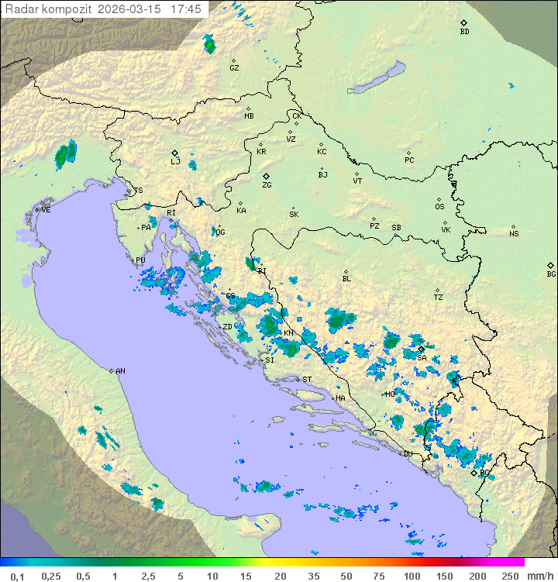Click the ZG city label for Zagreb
pyautogui.click(x=267, y=185)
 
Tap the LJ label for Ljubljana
pyautogui.click(x=175, y=162)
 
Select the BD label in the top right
pyautogui.click(x=464, y=32)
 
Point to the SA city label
pyautogui.click(x=422, y=358)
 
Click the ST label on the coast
pyautogui.click(x=307, y=380)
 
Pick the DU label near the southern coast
pyautogui.click(x=407, y=454)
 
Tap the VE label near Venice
pyautogui.click(x=46, y=210)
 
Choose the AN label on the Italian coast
pyautogui.click(x=120, y=371)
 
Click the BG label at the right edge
pyautogui.click(x=551, y=274)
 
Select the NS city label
pyautogui.click(x=514, y=234)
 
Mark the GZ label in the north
pyautogui.click(x=234, y=68)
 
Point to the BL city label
pyautogui.click(x=346, y=279)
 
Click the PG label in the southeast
pyautogui.click(x=485, y=472)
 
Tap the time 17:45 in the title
pyautogui.click(x=187, y=9)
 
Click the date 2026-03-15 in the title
pyautogui.click(x=133, y=9)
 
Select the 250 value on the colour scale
pyautogui.click(x=509, y=576)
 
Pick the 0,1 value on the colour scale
pyautogui.click(x=17, y=576)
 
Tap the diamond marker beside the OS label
pyautogui.click(x=439, y=199)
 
